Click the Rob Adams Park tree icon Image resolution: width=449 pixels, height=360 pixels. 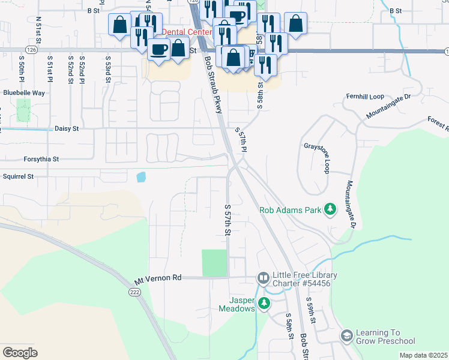pos(330,209)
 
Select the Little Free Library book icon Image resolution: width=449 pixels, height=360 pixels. pos(263,278)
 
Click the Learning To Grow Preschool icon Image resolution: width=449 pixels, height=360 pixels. pos(346,337)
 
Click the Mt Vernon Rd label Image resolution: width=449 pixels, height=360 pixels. pos(158,279)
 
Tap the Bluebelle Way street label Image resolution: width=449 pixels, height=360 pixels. pos(24,93)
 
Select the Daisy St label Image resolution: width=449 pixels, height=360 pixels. pos(67,128)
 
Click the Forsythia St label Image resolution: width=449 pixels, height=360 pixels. pos(39,160)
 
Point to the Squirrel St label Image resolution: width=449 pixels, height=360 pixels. pos(18,177)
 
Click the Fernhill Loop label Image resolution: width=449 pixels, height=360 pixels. pos(364,97)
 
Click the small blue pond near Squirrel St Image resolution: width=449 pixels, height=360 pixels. pos(141,177)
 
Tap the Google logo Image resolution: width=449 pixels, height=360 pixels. pos(20,353)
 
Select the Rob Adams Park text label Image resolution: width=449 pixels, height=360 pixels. pos(291,210)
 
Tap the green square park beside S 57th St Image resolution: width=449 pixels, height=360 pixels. pos(214,263)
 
